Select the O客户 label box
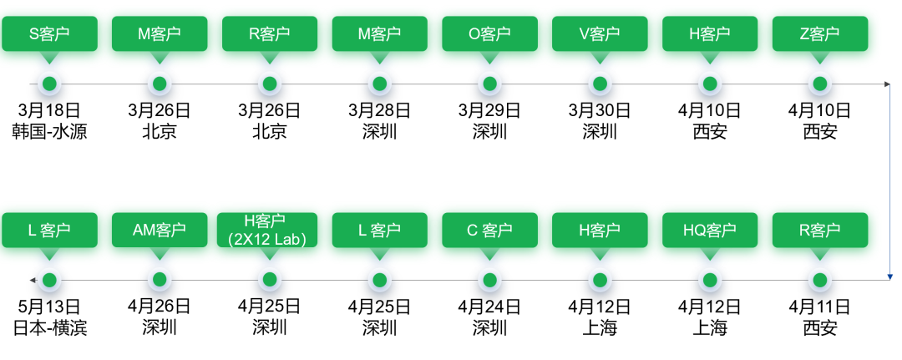[x=489, y=34]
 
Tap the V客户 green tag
[x=600, y=34]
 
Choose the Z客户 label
[x=819, y=34]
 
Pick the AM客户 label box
[x=160, y=230]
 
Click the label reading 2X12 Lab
[x=269, y=239]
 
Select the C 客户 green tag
[x=489, y=230]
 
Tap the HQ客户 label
[x=709, y=230]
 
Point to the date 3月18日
[x=49, y=110]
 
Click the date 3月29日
[x=489, y=110]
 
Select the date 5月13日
[x=49, y=306]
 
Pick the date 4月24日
[x=489, y=306]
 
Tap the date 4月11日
[x=819, y=306]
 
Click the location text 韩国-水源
[x=49, y=131]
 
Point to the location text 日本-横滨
[x=49, y=327]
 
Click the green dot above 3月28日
[x=379, y=84]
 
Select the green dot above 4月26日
[x=160, y=279]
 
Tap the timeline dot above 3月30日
[x=600, y=84]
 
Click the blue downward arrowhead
[x=891, y=276]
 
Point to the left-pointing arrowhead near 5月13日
[x=32, y=279]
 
